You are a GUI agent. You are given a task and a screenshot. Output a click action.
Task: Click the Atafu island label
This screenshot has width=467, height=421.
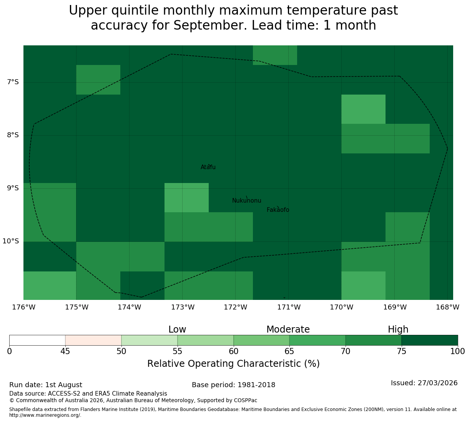208,167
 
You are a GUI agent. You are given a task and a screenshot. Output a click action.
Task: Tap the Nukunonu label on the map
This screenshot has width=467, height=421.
246,200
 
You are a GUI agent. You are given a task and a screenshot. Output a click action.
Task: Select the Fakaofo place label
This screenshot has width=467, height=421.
278,210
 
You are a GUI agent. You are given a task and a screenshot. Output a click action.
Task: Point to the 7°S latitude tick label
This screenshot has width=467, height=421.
13,82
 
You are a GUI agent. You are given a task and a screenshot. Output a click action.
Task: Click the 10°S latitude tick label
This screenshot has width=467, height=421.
11,241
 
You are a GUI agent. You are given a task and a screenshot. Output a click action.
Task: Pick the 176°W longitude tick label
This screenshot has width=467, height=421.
24,307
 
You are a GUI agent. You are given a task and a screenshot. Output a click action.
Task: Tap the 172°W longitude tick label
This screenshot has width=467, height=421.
236,307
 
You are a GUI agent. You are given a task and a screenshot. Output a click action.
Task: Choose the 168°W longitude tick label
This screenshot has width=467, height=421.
448,307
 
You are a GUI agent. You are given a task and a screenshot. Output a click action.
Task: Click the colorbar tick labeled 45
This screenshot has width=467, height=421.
65,351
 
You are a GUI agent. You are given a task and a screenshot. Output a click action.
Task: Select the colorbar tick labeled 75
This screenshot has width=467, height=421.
402,351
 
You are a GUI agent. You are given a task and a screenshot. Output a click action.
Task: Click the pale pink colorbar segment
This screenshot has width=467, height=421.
93,340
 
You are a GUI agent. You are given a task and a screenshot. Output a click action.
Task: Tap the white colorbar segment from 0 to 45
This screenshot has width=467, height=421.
37,340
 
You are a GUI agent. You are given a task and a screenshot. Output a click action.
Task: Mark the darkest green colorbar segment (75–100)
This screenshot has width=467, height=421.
430,340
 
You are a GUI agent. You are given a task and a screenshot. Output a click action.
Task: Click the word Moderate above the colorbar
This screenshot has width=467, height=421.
288,329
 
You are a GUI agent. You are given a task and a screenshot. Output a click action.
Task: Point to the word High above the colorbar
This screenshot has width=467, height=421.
398,329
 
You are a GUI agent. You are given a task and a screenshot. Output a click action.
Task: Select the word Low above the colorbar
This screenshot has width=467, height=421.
177,329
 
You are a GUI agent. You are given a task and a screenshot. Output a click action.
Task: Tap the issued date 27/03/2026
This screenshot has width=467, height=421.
438,383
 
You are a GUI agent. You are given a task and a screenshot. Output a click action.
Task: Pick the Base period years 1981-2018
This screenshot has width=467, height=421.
256,385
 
